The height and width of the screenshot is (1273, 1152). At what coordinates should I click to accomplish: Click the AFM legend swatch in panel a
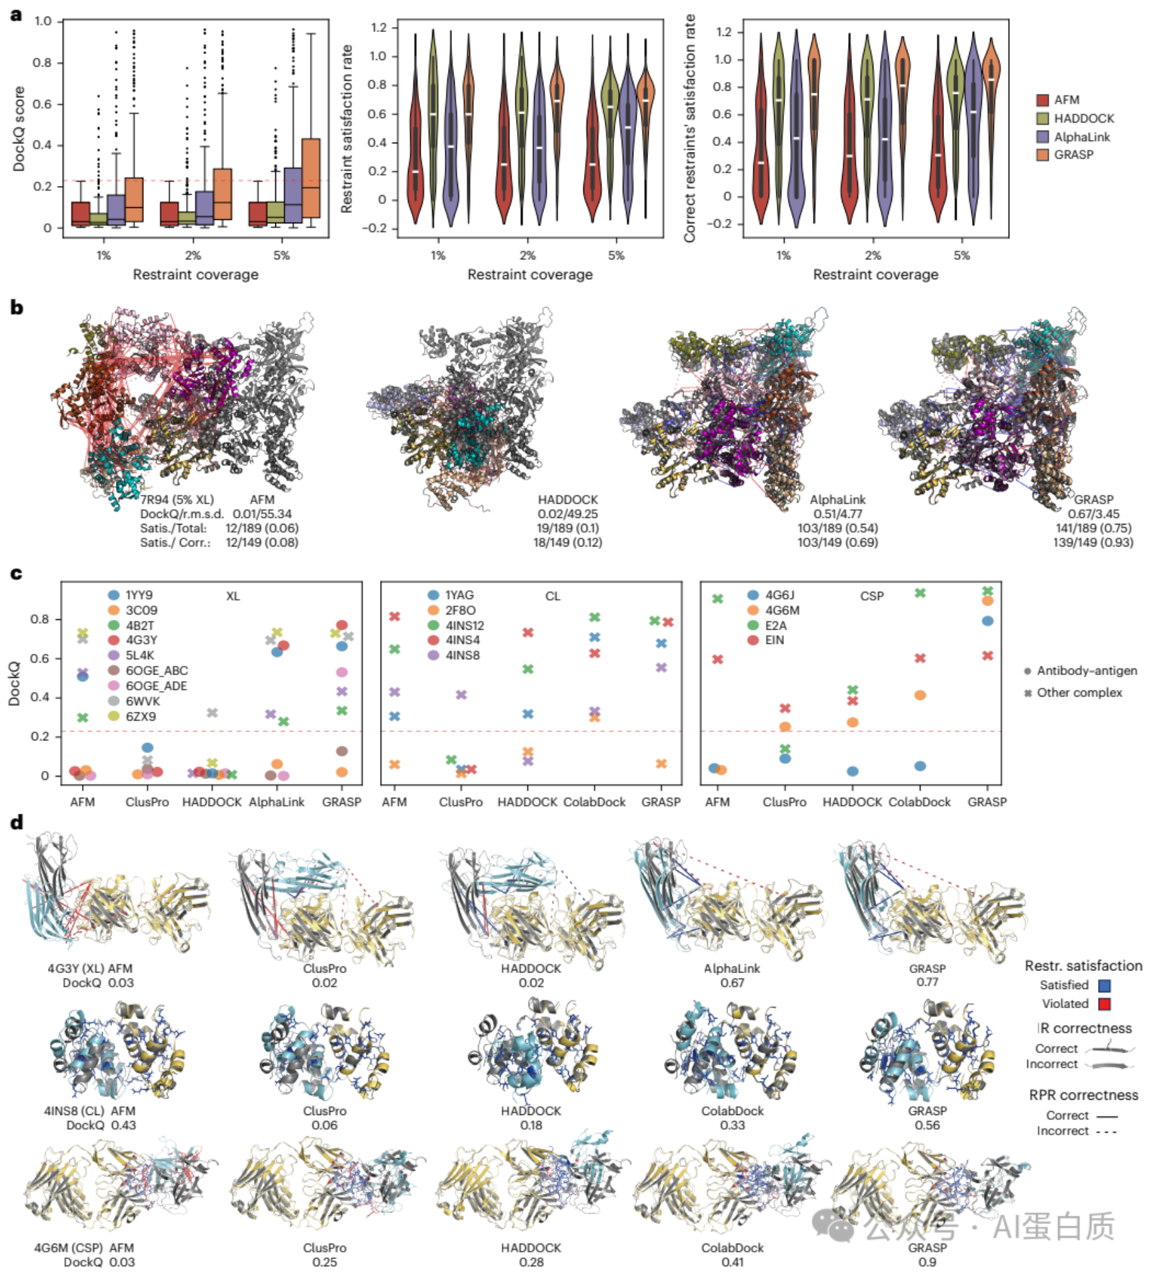1043,100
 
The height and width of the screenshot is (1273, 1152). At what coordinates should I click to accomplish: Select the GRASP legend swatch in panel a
1043,155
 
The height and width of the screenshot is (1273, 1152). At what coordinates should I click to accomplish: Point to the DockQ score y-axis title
19,129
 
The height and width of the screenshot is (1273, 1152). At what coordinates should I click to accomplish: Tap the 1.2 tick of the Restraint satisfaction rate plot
379,27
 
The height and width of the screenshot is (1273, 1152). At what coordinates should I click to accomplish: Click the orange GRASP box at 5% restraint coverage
311,177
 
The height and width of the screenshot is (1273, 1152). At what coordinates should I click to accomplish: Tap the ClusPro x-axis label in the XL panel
147,802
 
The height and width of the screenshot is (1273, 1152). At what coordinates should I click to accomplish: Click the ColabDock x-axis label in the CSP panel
919,802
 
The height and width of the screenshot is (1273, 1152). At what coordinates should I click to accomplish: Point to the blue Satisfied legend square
1104,985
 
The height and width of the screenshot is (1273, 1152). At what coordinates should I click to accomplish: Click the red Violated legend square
1104,1004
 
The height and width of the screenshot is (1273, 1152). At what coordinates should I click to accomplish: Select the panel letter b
17,307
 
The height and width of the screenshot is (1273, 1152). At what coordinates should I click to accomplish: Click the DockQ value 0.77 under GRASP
927,982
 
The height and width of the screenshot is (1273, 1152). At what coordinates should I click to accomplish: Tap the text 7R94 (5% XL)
177,499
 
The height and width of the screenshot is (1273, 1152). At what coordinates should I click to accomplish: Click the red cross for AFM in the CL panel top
395,617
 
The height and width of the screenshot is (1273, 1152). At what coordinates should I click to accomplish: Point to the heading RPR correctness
1083,1095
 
